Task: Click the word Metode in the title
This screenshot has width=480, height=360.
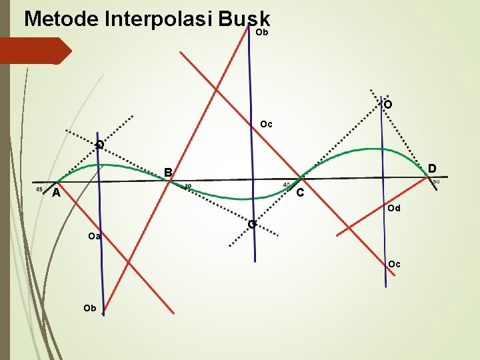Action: (61, 18)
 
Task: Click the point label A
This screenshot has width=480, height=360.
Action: (57, 193)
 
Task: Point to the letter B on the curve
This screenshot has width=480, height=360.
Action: (169, 173)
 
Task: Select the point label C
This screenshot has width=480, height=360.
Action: (301, 193)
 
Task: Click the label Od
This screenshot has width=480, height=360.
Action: (393, 209)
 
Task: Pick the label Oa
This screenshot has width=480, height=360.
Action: (94, 236)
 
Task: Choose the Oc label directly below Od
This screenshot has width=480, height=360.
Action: (394, 264)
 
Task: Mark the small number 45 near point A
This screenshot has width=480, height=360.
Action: (39, 188)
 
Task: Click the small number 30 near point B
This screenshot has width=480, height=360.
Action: (188, 186)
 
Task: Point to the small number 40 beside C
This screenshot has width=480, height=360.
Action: (287, 185)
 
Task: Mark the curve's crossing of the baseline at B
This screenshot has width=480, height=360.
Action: (171, 181)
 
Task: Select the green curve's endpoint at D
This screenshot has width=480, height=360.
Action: (429, 176)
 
